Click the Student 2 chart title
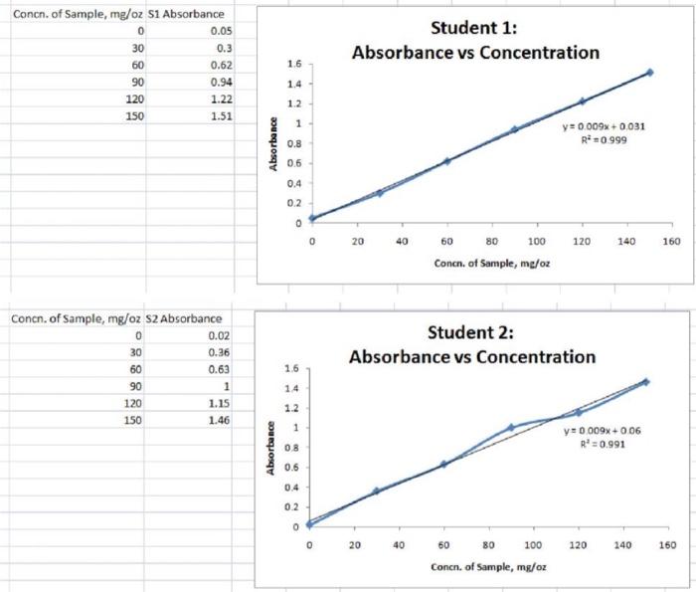[471, 344]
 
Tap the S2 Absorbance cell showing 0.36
[220, 352]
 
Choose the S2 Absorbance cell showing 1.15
[220, 403]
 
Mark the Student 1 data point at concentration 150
[649, 73]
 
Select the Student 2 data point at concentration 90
[511, 428]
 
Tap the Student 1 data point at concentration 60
[446, 161]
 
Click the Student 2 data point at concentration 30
[376, 491]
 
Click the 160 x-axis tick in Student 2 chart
[667, 545]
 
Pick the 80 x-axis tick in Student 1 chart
[491, 241]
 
